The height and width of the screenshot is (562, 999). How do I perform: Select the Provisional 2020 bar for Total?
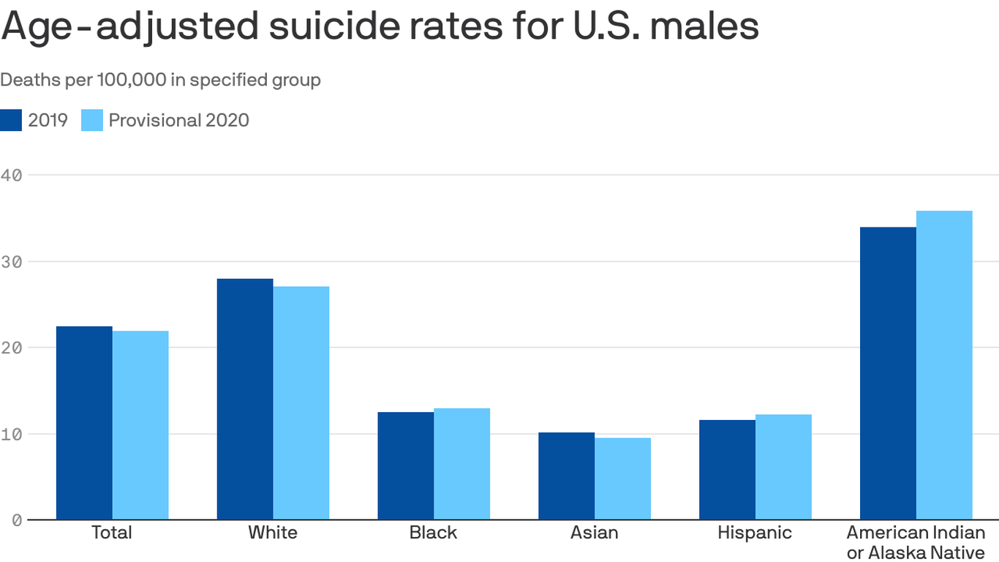140,425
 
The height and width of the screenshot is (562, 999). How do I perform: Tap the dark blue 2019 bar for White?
245,399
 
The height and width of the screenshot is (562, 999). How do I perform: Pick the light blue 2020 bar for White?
301,402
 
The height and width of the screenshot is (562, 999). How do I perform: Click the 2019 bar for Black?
406,466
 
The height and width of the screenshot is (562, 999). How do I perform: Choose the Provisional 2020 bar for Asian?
622,479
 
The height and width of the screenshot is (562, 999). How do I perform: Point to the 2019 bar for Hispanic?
727,470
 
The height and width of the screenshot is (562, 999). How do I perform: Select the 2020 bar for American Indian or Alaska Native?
944,365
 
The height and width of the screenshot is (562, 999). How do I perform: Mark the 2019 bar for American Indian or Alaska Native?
888,373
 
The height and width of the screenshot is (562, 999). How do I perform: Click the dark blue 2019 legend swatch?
11,120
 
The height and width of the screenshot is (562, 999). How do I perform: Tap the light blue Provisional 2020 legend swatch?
91,120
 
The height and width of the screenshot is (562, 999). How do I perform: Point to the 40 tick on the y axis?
12,175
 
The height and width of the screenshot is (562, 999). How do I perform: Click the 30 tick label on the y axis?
12,261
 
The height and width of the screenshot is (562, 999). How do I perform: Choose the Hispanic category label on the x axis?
755,532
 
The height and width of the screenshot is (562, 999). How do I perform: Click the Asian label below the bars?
594,532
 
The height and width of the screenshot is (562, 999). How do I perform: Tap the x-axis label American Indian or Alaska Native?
916,542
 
